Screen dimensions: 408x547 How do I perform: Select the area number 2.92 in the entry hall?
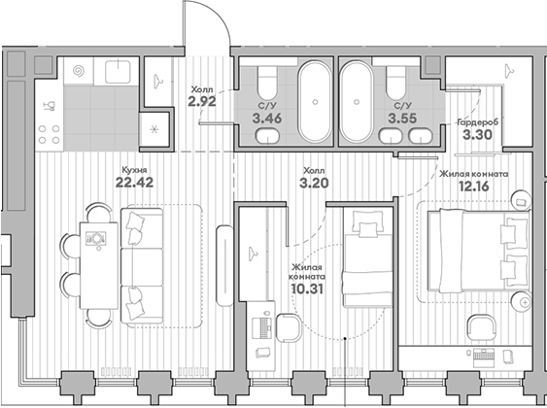click(201, 99)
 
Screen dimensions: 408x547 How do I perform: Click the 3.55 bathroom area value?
click(399, 119)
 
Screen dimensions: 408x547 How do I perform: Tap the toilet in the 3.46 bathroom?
click(267, 83)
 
